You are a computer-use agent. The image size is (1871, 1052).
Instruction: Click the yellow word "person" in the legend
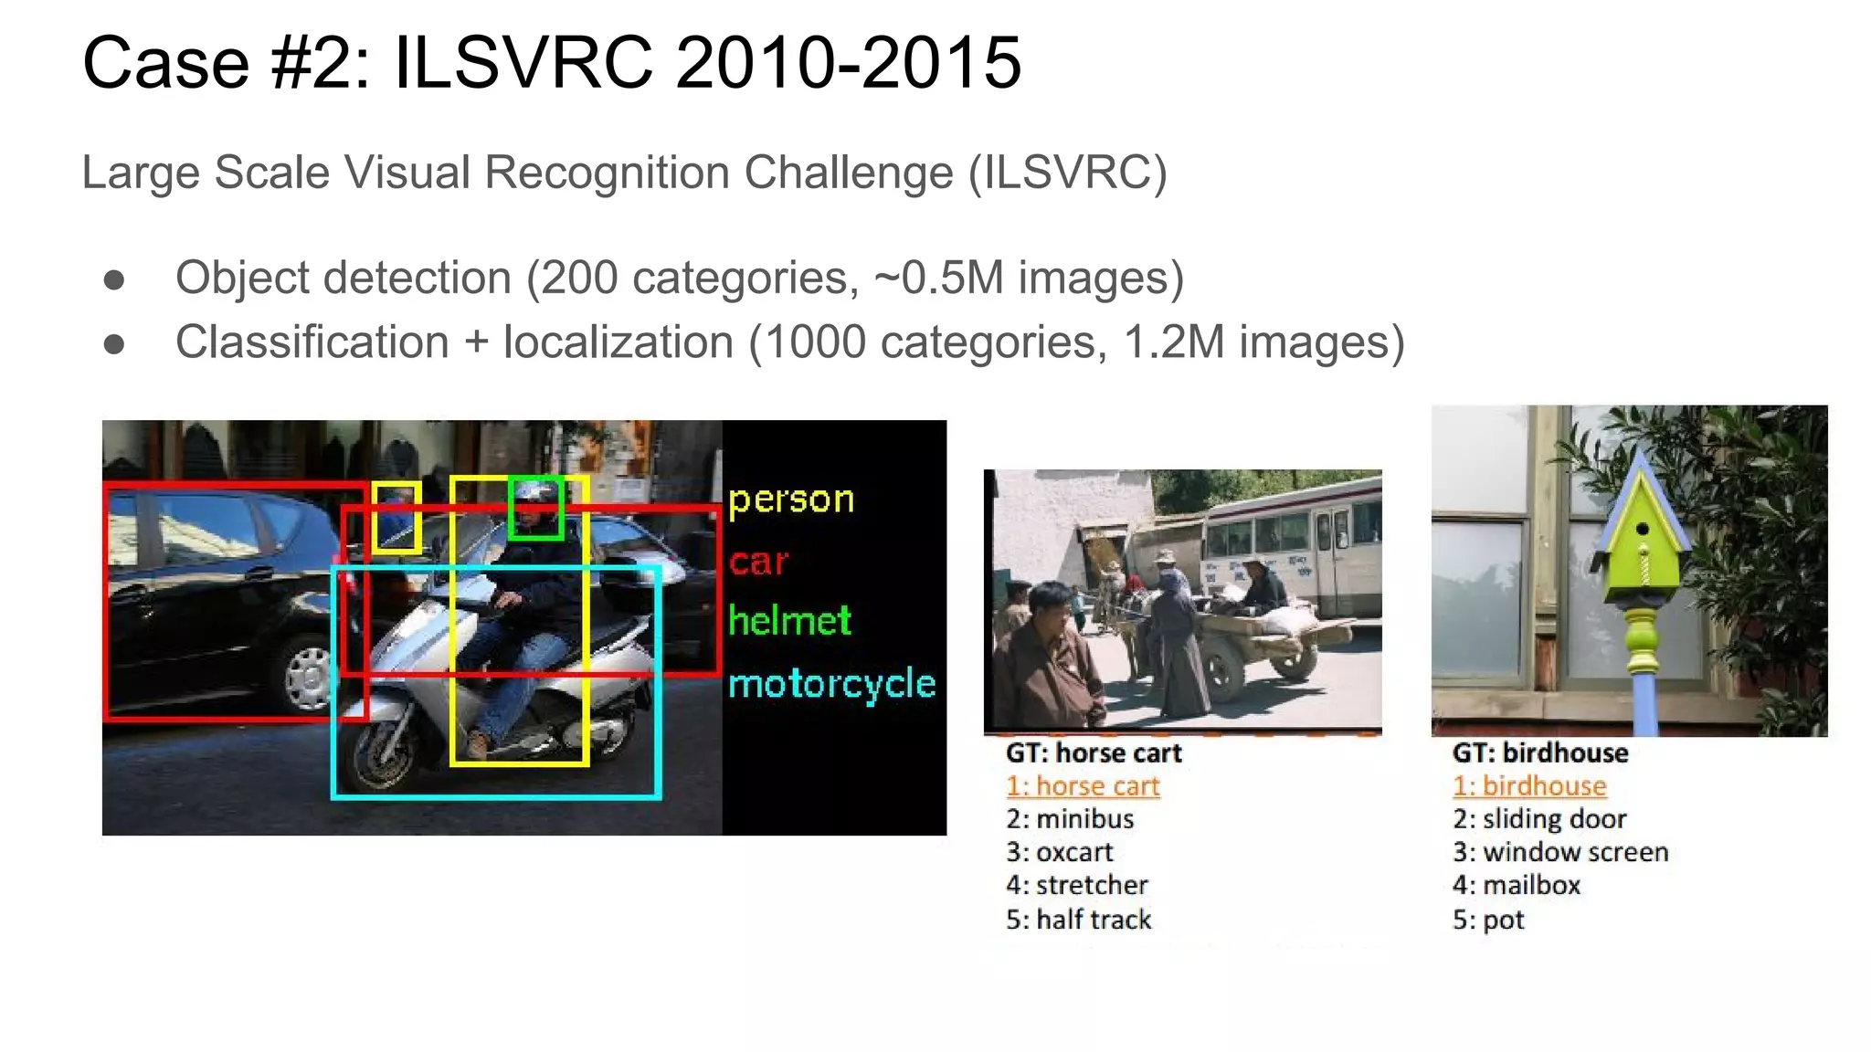[791, 500]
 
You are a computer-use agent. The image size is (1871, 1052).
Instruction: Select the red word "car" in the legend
[758, 562]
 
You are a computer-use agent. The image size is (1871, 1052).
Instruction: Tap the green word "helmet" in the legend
[789, 621]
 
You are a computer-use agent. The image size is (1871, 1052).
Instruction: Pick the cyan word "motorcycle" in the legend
[831, 684]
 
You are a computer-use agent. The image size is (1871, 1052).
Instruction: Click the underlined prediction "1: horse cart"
[1083, 786]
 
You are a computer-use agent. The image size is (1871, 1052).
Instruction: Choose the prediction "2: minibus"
[1070, 819]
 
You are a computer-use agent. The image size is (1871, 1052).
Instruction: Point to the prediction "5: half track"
[1079, 920]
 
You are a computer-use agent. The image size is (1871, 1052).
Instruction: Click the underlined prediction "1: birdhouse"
[1529, 786]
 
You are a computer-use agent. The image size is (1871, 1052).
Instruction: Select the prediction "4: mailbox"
[1517, 885]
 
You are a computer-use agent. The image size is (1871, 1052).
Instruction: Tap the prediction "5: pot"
[1488, 920]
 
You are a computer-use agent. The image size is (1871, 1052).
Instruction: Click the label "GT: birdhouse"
[1540, 752]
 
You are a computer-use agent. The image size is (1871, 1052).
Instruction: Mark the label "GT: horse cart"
[1094, 752]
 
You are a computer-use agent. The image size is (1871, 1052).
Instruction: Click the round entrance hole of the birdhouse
[1642, 529]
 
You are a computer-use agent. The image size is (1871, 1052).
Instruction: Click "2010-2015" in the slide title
[848, 63]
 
